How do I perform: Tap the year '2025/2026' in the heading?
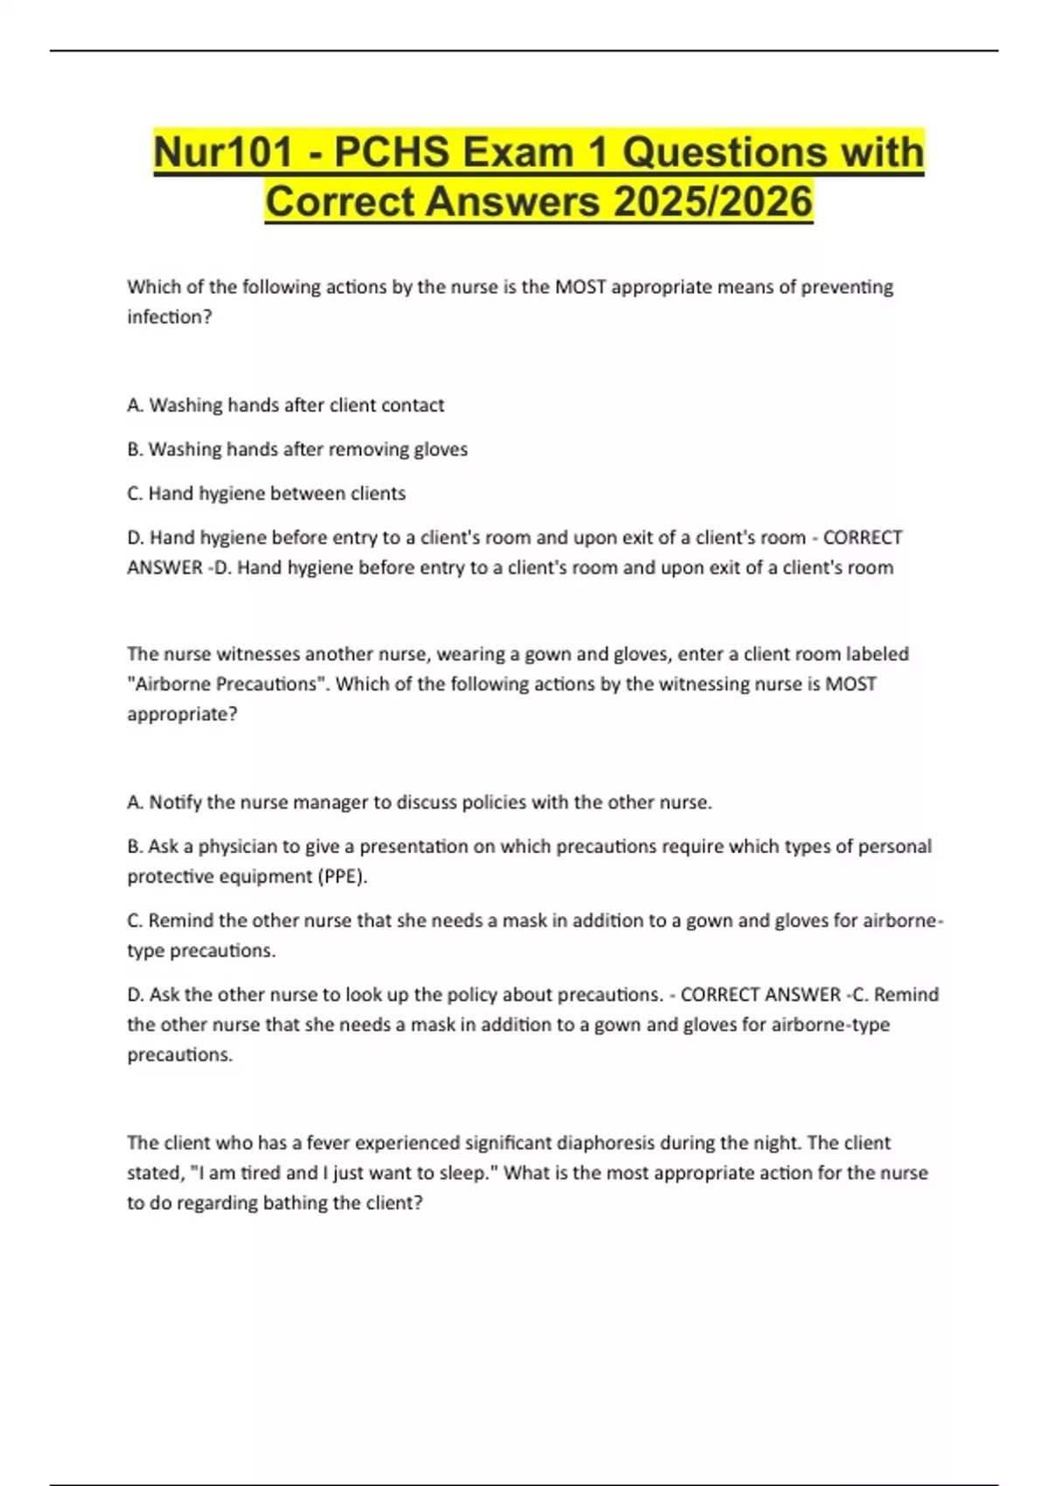712,202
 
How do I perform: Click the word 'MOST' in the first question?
580,287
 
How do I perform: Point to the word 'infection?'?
170,316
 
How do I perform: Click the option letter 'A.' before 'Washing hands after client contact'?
135,405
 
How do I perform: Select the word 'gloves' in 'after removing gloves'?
441,449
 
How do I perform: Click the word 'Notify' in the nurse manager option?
176,802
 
